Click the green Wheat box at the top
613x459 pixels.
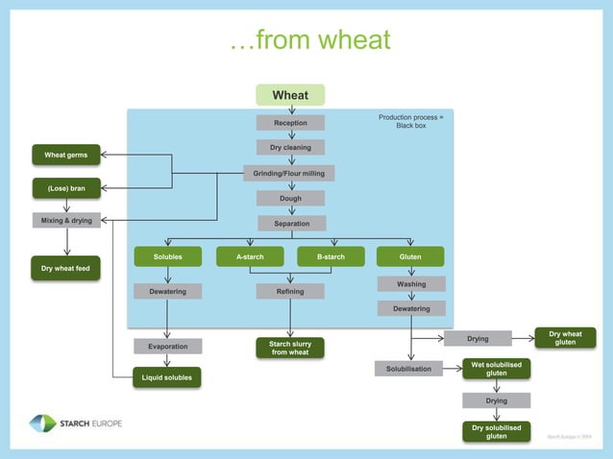point(290,95)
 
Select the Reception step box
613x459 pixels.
point(290,123)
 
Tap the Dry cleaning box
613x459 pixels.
point(290,148)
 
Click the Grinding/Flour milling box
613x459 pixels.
point(290,174)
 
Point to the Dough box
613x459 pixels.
point(290,199)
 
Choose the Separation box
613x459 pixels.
point(291,224)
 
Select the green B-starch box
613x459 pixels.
point(331,256)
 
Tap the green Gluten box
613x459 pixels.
point(410,256)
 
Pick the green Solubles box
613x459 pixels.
point(168,256)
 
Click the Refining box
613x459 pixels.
point(290,292)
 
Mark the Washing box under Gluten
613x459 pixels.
point(411,284)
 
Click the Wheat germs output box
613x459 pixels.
point(66,155)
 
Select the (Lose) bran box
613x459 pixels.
point(66,188)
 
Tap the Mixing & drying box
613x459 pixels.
point(66,221)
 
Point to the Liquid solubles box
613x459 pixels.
point(167,377)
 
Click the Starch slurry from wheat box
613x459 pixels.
point(290,348)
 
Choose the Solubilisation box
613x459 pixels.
point(408,369)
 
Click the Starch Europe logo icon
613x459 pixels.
point(42,423)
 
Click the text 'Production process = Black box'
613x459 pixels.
point(411,122)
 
